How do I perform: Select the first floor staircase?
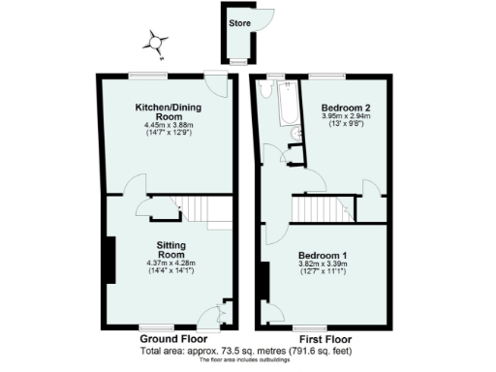pos(321,207)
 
